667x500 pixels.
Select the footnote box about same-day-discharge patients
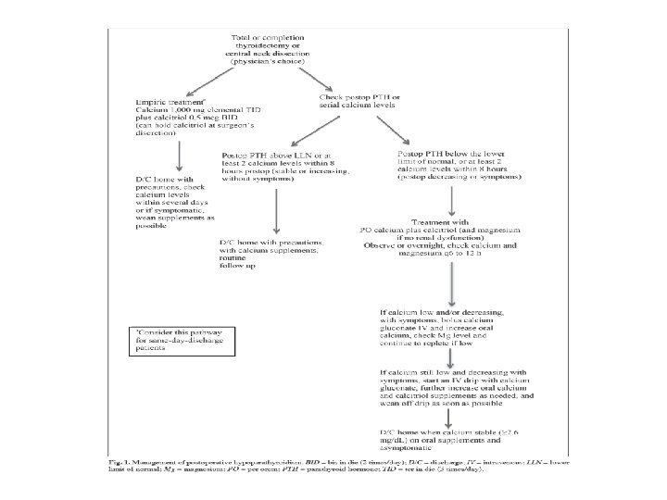coord(182,342)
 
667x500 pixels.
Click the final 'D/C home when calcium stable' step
coord(449,434)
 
